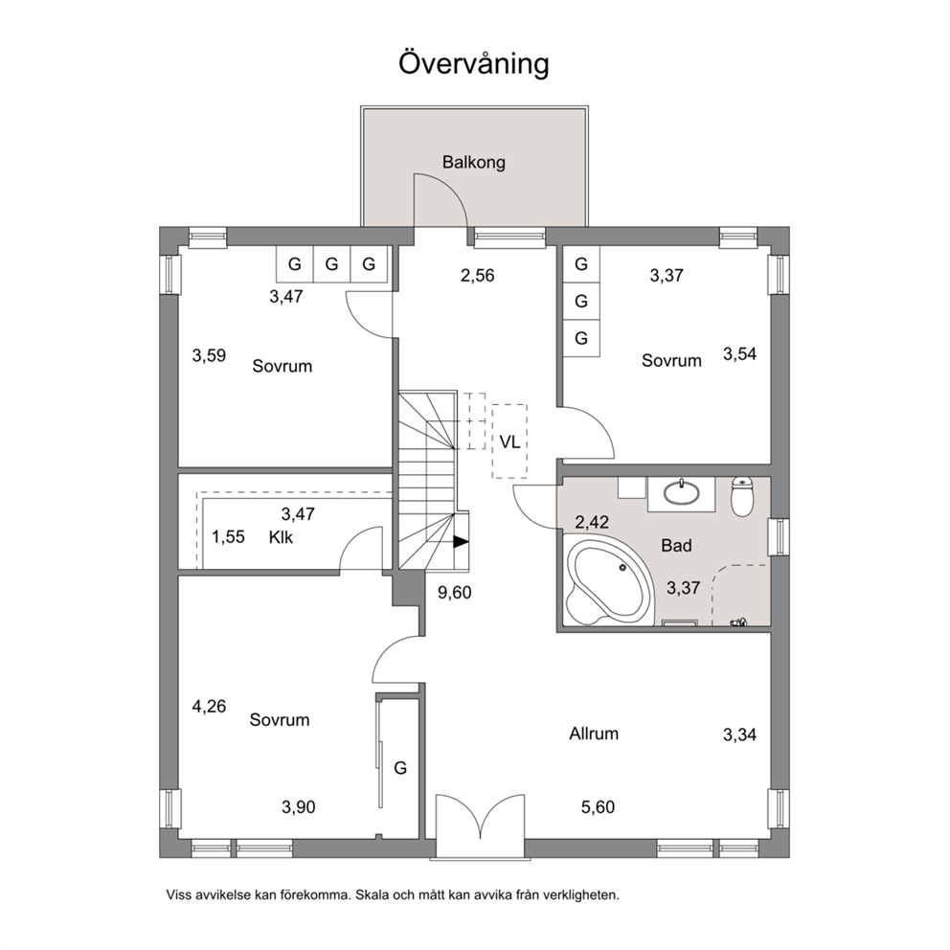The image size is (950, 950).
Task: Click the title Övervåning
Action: click(473, 63)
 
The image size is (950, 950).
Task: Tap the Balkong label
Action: click(473, 163)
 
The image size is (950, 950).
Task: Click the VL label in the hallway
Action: click(509, 442)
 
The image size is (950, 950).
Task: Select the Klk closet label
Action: click(281, 537)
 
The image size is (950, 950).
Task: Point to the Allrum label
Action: click(594, 734)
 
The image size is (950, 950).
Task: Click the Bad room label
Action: click(676, 545)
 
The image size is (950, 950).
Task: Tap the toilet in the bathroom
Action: click(742, 496)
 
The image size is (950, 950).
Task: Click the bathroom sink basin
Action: click(682, 492)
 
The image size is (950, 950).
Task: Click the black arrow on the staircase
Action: click(461, 542)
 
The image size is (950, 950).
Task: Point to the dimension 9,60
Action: click(454, 593)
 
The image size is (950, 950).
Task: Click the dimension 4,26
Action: click(209, 707)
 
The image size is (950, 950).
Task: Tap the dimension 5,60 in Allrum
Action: click(598, 807)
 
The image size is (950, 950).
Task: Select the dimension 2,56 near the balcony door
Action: click(478, 276)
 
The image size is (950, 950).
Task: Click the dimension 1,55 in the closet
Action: click(228, 537)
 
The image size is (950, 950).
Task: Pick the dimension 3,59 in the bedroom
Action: click(209, 355)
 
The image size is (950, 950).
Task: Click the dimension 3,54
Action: click(739, 353)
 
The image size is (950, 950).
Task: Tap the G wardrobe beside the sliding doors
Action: click(400, 768)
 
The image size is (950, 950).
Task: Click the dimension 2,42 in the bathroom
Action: click(592, 522)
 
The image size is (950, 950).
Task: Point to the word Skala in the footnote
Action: click(371, 894)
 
